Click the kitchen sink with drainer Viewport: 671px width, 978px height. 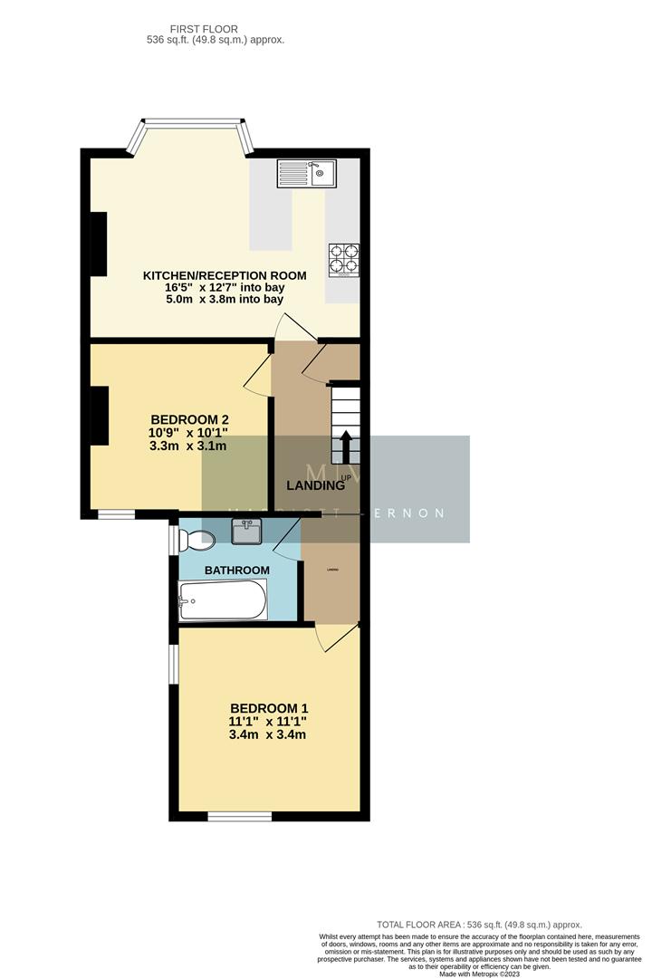[x=307, y=172]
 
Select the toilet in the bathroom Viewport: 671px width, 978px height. [x=196, y=542]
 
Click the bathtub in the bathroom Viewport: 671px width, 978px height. [x=223, y=600]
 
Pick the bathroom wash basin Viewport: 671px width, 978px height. [x=246, y=532]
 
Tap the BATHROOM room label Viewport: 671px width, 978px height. [x=236, y=570]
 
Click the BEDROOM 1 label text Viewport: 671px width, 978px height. [x=269, y=707]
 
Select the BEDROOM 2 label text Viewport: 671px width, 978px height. [x=189, y=419]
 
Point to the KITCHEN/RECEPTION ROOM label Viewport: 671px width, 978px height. [x=225, y=275]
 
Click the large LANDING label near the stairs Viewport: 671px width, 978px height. [x=315, y=485]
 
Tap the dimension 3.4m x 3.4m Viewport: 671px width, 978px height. [x=269, y=734]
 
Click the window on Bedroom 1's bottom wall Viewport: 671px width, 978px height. [x=239, y=817]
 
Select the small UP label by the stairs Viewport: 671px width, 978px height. [x=346, y=477]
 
